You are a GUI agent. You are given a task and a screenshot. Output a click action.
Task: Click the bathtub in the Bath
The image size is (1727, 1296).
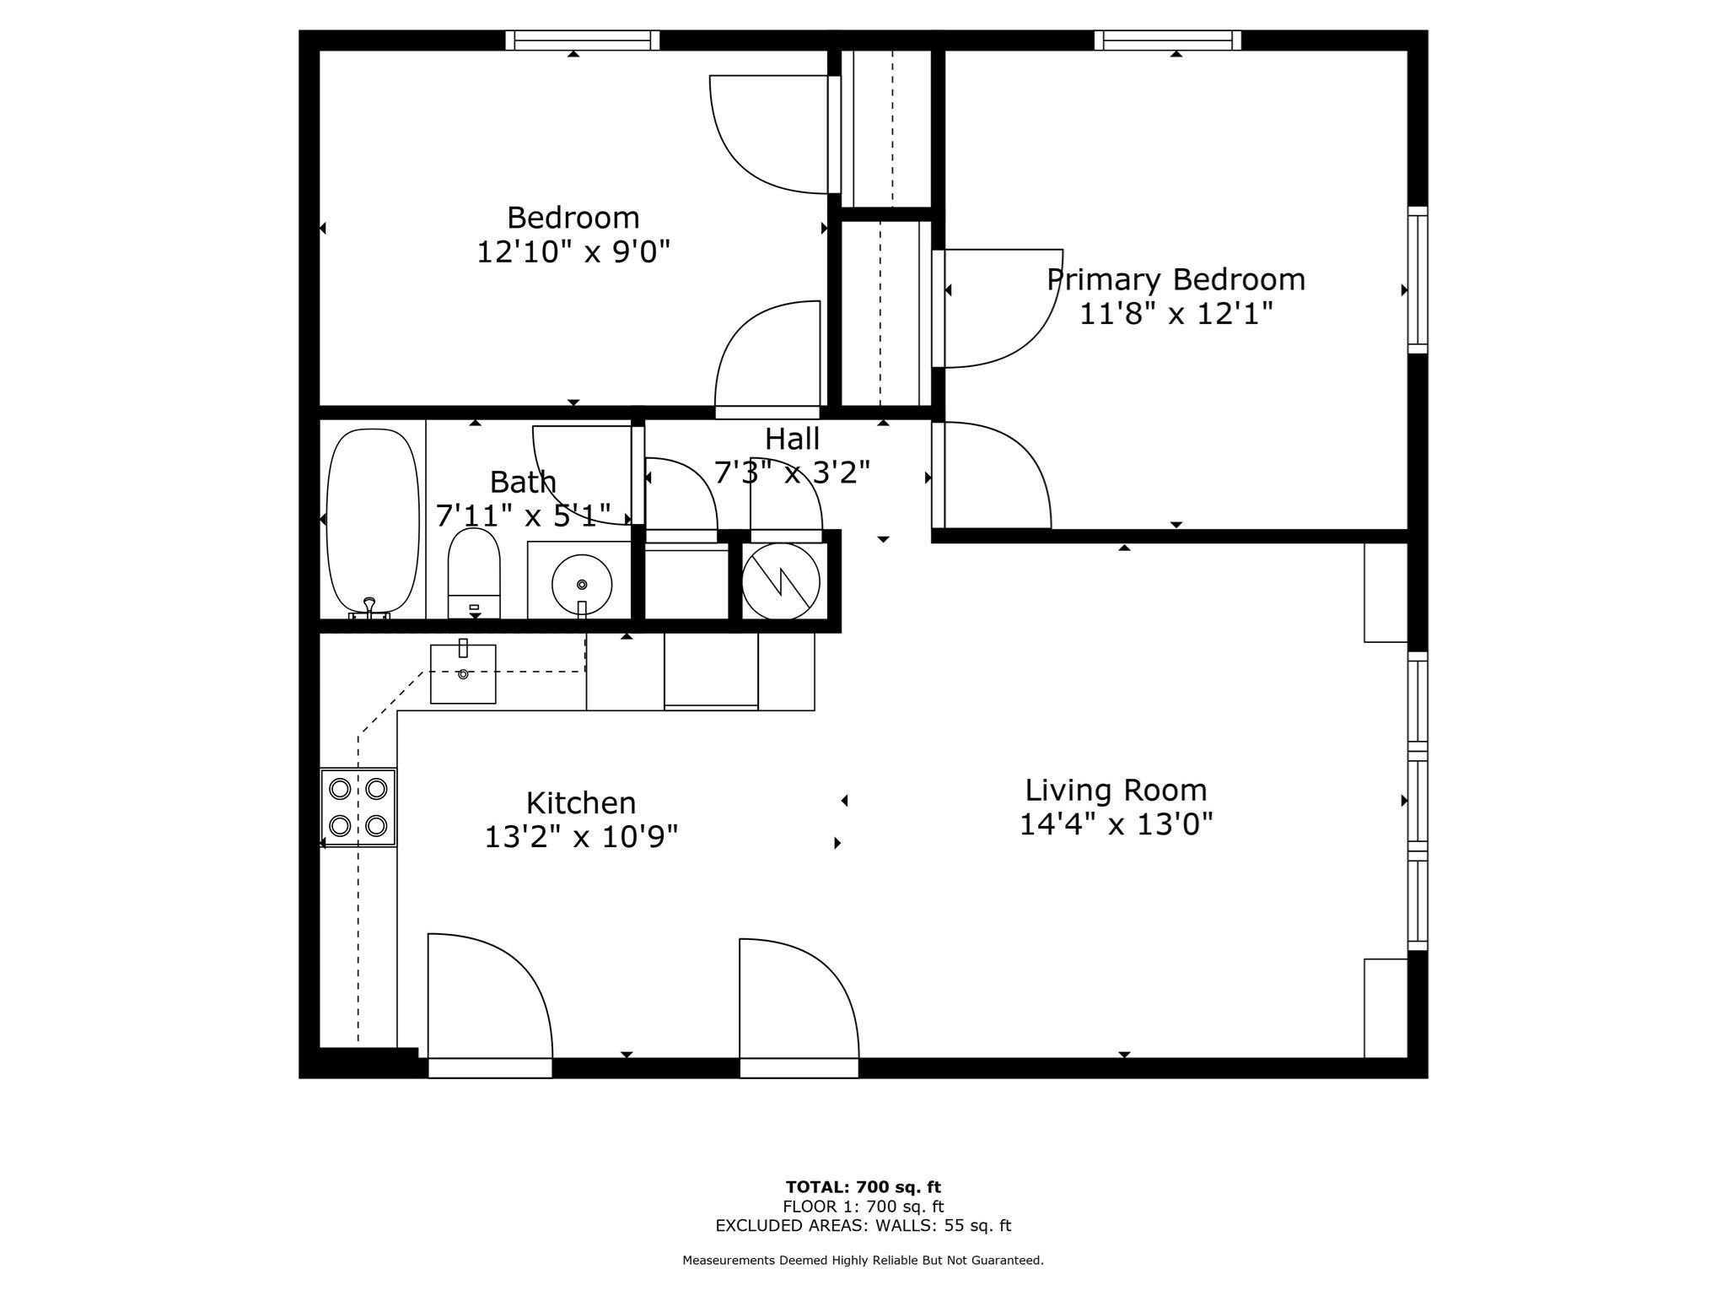[x=372, y=520]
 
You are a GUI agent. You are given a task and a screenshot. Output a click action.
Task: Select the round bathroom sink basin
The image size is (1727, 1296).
[x=581, y=584]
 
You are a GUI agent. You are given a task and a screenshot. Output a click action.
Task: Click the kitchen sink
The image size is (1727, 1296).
[x=463, y=674]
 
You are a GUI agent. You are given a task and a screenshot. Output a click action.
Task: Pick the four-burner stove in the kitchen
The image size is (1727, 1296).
[x=358, y=807]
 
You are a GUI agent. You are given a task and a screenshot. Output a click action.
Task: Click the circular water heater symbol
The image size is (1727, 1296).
[x=780, y=581]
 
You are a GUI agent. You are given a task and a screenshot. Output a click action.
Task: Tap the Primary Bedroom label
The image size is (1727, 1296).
[x=1176, y=279]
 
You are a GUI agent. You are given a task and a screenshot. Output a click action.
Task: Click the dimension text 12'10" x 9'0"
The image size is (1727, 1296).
[x=573, y=251]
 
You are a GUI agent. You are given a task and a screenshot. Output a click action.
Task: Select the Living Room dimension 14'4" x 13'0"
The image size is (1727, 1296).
[x=1116, y=823]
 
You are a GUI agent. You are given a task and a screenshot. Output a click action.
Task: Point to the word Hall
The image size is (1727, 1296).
[x=791, y=439]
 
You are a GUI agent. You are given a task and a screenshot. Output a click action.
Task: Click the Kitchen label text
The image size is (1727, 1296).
[x=580, y=802]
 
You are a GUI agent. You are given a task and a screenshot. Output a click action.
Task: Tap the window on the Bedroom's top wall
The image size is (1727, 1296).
[x=582, y=40]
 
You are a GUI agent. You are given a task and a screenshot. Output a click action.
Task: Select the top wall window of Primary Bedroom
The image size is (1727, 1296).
[x=1168, y=40]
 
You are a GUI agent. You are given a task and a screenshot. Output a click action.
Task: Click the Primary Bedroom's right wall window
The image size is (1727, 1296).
[x=1418, y=280]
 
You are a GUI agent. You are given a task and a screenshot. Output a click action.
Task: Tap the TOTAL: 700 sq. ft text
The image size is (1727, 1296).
[x=863, y=1187]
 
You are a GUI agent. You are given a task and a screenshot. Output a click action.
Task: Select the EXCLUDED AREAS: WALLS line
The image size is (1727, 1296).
[x=863, y=1225]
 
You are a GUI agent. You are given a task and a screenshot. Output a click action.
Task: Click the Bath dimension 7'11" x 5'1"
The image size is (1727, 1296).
[x=522, y=515]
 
